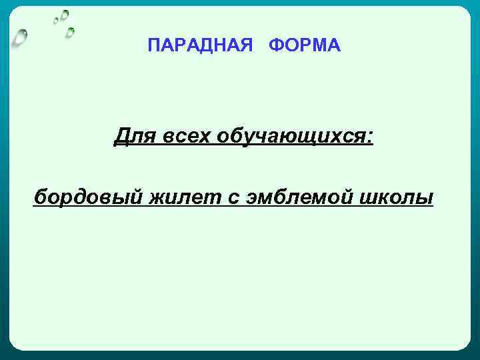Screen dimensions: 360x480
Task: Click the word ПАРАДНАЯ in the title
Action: pyautogui.click(x=200, y=45)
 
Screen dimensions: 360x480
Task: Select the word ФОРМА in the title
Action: pyautogui.click(x=305, y=45)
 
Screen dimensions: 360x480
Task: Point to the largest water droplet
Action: pyautogui.click(x=21, y=37)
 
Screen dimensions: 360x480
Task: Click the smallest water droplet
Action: pyautogui.click(x=56, y=21)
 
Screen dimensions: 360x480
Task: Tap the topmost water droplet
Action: pyautogui.click(x=65, y=13)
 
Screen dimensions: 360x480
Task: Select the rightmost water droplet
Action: pyautogui.click(x=70, y=31)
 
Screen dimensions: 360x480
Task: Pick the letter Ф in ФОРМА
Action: pyautogui.click(x=277, y=45)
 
